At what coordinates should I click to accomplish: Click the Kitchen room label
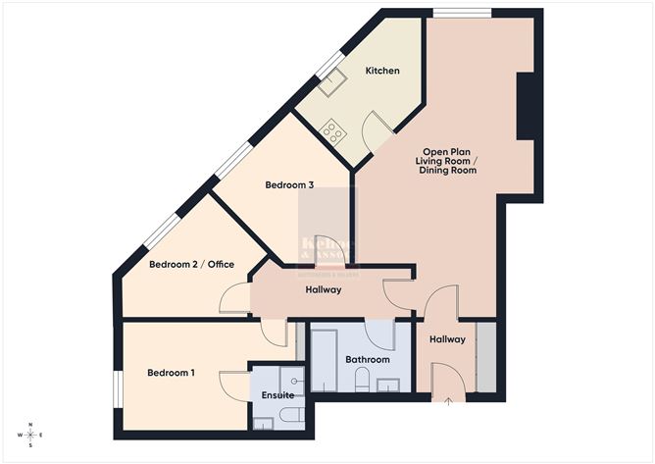tap(381, 72)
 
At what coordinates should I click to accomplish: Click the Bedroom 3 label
tap(289, 184)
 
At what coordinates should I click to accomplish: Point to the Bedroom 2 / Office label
tap(192, 264)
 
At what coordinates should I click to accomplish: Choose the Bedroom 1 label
tap(172, 373)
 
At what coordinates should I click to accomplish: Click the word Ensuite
tap(277, 395)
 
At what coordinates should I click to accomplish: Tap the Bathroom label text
tap(368, 360)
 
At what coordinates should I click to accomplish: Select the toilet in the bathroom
tap(362, 382)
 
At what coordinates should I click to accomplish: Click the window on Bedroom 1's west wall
tap(117, 386)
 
